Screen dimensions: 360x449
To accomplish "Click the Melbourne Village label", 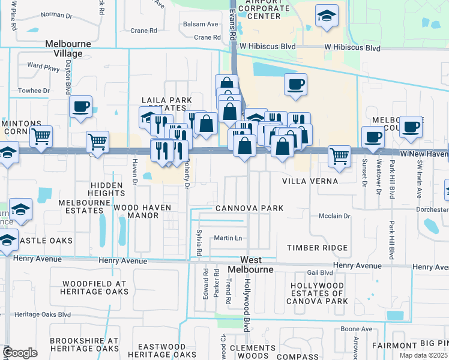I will (68, 49).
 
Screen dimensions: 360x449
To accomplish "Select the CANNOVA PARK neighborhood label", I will (249, 208).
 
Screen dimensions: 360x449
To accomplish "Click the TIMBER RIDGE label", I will (317, 248).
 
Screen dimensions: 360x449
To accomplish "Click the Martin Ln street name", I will (228, 238).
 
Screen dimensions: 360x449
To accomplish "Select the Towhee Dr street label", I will (35, 91).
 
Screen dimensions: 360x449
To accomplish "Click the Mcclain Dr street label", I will (334, 217).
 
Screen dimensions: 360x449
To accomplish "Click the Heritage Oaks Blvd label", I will (43, 314).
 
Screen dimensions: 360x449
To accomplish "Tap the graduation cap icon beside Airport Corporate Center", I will (327, 16).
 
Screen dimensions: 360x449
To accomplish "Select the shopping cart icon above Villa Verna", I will (339, 155).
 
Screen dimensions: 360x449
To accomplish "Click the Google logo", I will (20, 353).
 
